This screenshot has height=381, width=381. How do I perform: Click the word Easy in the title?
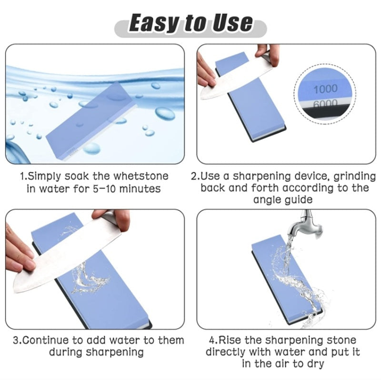(151, 23)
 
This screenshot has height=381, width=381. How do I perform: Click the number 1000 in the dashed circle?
(326, 89)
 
